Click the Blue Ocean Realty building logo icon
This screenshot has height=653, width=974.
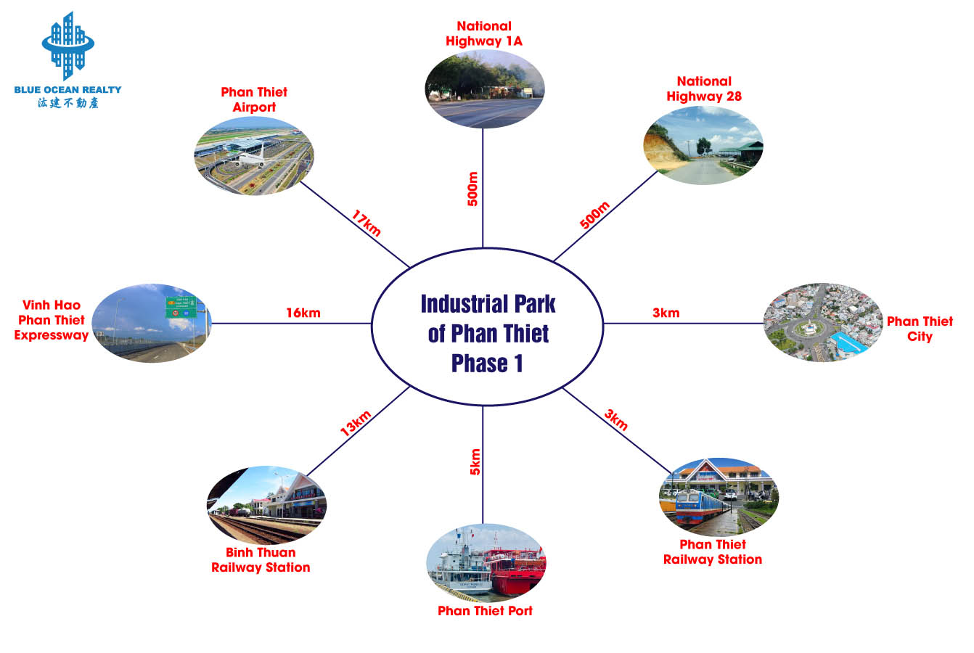click(67, 46)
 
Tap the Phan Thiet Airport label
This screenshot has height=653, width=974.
click(254, 99)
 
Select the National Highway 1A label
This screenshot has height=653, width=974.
click(484, 33)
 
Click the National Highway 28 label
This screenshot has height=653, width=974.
click(704, 89)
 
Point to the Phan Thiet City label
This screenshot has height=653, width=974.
click(920, 329)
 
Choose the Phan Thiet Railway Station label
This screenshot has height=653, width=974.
click(713, 551)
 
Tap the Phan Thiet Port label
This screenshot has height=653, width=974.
click(485, 611)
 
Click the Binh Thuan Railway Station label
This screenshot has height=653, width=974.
click(261, 560)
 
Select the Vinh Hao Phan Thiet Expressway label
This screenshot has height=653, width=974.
click(52, 320)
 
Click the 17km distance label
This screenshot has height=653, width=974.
click(366, 223)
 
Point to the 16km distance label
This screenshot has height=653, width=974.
click(303, 313)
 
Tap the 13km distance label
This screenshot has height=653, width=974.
click(356, 423)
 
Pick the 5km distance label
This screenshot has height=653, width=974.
click(475, 461)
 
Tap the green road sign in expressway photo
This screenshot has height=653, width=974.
click(181, 307)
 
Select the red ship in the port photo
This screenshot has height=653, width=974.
click(515, 570)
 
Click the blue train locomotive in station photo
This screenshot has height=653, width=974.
click(700, 506)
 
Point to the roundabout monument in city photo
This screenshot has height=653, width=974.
click(809, 328)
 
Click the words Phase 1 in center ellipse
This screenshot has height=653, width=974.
click(487, 364)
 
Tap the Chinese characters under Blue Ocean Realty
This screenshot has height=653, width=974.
click(67, 102)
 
